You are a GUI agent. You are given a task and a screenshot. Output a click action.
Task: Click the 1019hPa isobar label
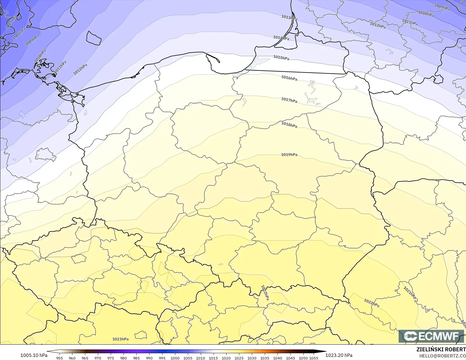tap(289, 155)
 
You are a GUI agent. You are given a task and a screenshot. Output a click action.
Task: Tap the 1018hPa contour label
tap(289, 125)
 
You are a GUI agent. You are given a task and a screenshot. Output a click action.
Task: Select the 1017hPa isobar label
tap(289, 100)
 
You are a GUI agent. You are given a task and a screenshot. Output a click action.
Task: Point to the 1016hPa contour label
tap(289, 78)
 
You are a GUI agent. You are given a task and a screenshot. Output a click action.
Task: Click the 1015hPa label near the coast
tap(281, 58)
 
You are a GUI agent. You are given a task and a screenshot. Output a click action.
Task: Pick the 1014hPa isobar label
tap(281, 38)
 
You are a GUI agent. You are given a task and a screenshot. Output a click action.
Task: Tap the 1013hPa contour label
tap(289, 18)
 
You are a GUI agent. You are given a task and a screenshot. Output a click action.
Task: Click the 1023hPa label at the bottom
tap(120, 339)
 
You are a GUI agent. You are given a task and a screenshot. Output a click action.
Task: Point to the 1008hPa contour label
tap(19, 33)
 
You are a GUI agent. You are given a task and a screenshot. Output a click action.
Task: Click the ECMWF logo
tap(431, 336)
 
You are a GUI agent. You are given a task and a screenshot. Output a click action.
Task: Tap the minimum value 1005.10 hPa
tap(34, 355)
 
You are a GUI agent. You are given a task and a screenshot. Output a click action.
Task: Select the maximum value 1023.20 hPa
tap(339, 355)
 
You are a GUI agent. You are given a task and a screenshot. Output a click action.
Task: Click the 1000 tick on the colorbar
tap(175, 358)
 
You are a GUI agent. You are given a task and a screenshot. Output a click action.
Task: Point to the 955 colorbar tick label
tap(60, 358)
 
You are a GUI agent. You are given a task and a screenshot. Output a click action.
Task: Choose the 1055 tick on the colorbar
tap(314, 358)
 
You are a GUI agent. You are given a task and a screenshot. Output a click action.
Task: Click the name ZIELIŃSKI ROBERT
tap(441, 349)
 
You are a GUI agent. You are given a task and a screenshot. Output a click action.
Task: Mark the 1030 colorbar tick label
tap(252, 358)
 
